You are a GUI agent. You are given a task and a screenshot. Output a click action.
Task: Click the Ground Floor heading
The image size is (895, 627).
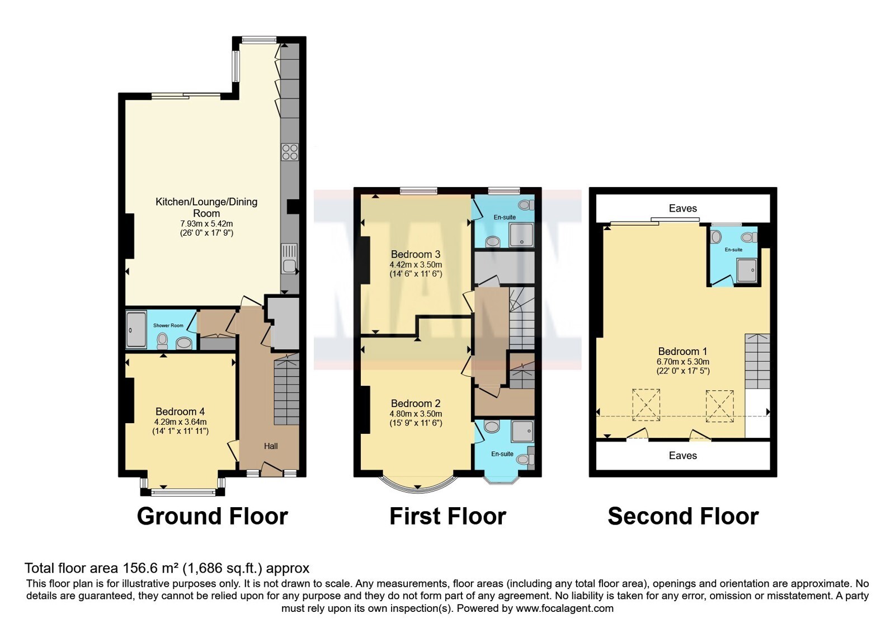click(x=212, y=516)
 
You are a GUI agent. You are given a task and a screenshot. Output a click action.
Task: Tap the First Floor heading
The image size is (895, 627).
click(x=448, y=516)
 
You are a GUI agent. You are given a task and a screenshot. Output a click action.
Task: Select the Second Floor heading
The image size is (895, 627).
click(x=683, y=516)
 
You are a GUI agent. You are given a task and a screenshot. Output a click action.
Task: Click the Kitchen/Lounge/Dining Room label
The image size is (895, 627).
click(x=206, y=207)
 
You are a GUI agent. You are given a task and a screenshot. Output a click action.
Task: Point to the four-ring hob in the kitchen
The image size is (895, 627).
click(x=290, y=152)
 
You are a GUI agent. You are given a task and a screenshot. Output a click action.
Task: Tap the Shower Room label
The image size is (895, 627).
click(x=168, y=325)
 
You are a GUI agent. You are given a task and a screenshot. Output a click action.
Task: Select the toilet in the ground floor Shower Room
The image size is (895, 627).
click(x=162, y=341)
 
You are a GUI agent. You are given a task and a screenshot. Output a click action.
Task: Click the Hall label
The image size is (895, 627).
click(x=271, y=446)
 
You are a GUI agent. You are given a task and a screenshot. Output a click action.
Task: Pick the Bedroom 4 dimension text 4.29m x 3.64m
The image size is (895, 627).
click(x=180, y=422)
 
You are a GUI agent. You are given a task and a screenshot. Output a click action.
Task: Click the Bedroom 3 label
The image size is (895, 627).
click(x=416, y=254)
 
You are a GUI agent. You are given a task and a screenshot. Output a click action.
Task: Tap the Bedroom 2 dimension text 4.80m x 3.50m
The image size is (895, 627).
click(x=416, y=414)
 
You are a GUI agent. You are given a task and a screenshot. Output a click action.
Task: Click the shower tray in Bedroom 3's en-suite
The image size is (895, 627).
click(x=521, y=235)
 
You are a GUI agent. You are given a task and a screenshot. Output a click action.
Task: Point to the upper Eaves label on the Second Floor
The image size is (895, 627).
click(x=683, y=208)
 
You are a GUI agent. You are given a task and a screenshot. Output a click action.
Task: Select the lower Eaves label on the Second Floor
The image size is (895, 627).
click(x=683, y=456)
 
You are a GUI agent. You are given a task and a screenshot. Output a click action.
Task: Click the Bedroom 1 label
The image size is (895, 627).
click(x=683, y=352)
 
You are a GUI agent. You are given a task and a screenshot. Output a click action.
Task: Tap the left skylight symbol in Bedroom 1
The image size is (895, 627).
click(x=646, y=405)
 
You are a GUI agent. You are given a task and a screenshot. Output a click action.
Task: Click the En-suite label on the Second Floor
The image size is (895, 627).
click(x=733, y=250)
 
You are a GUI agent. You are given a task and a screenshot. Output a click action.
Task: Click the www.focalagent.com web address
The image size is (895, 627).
click(x=564, y=609)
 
